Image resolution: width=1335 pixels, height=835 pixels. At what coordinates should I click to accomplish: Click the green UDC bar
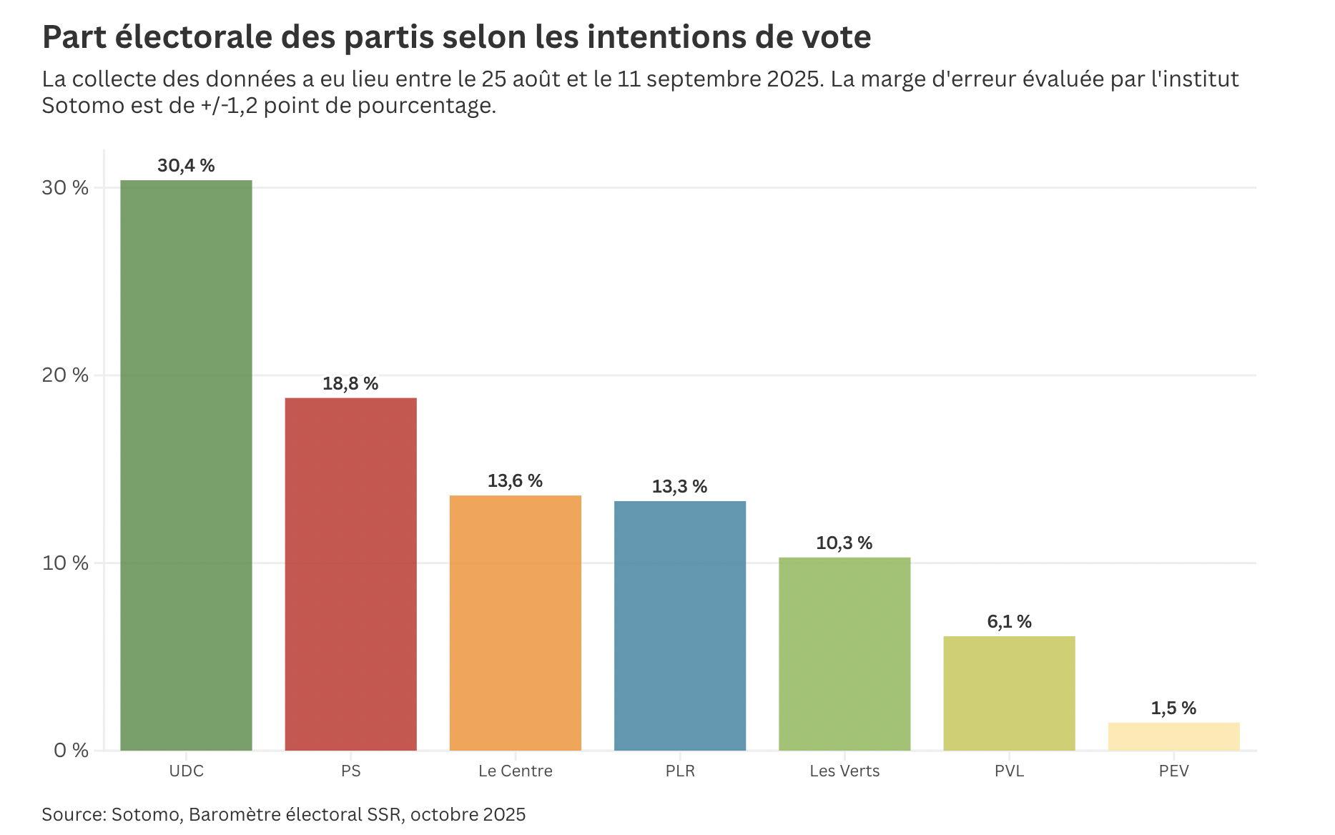click(186, 465)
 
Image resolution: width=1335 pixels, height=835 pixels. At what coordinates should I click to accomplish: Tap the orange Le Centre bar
click(515, 622)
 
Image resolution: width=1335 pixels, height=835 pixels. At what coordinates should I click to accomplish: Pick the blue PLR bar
click(679, 626)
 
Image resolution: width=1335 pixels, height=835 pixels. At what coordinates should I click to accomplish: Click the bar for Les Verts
click(844, 653)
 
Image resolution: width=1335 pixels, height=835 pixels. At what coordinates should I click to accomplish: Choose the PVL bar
click(1009, 693)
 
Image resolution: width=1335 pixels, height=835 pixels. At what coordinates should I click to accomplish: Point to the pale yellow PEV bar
click(1173, 736)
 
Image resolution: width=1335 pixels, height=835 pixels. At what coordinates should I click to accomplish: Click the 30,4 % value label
click(186, 166)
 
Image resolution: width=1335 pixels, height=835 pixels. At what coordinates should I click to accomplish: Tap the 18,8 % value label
click(350, 384)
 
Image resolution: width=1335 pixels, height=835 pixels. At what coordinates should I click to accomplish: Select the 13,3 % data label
click(679, 487)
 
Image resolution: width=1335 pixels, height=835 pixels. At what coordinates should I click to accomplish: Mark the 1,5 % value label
click(1173, 708)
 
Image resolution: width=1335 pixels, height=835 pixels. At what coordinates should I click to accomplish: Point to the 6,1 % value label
click(1009, 622)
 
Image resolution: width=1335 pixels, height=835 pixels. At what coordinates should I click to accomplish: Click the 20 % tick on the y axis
click(65, 375)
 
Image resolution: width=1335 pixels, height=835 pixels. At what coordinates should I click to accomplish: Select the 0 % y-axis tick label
click(71, 751)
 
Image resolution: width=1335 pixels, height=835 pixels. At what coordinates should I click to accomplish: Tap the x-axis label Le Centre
click(515, 771)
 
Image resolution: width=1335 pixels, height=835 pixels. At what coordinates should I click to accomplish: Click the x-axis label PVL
click(1009, 771)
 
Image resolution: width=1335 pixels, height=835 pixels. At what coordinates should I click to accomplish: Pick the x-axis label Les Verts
click(844, 771)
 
